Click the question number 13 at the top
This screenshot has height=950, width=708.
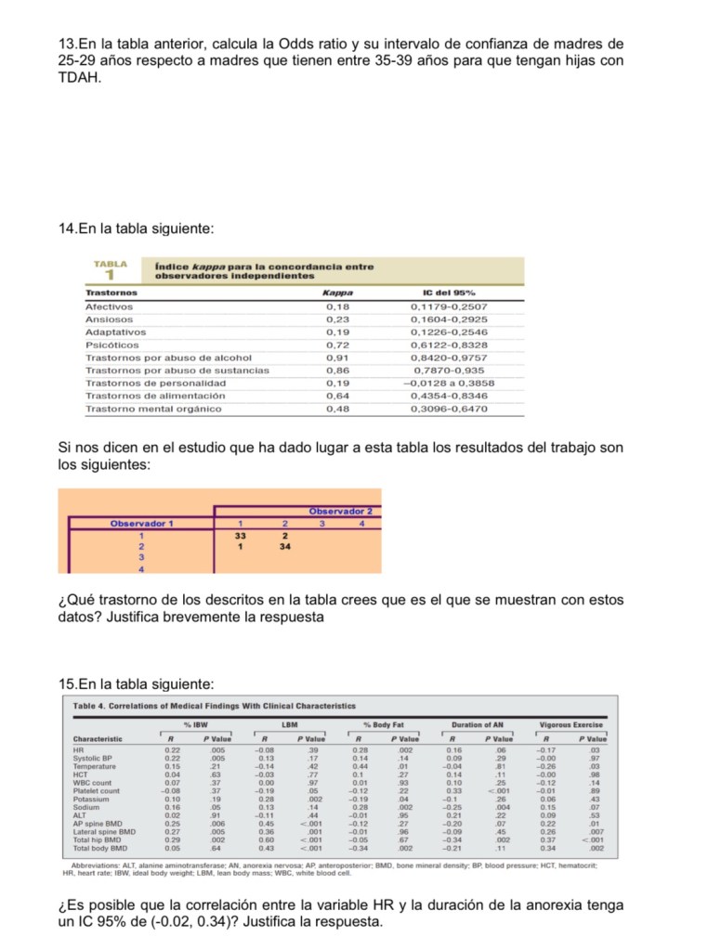66,44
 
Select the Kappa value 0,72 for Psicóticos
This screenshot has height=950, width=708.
337,345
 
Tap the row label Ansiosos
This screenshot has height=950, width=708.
109,319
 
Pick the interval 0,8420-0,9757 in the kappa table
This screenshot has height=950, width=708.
449,357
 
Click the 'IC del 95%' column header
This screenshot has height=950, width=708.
449,293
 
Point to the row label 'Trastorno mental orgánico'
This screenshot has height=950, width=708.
153,408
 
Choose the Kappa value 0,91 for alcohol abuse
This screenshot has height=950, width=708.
337,357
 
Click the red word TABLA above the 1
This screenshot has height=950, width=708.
110,264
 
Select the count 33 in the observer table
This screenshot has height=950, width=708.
240,535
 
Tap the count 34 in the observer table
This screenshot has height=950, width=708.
285,546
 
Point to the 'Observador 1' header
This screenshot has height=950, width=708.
142,524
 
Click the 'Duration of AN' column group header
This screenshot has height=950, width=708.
477,724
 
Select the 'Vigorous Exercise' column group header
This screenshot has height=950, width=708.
571,724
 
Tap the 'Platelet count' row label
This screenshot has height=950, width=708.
96,791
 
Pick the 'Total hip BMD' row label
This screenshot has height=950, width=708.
98,839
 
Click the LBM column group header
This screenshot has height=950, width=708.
288,724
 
